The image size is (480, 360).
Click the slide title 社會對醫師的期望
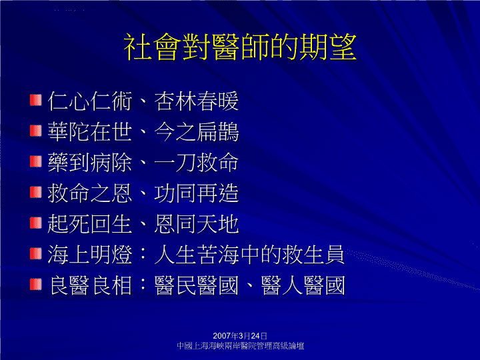tap(240, 47)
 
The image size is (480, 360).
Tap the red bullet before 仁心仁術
tap(36, 100)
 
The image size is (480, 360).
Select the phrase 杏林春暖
tap(196, 101)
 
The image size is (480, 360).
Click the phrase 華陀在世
tap(90, 132)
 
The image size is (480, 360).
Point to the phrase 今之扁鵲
tap(196, 132)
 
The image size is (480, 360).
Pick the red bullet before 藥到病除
tap(36, 161)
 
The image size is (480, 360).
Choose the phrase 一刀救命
tap(196, 163)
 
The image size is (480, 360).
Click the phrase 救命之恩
tap(90, 193)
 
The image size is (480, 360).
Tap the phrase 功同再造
tap(196, 193)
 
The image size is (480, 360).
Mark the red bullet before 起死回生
tap(36, 223)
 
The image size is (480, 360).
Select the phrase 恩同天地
tap(196, 224)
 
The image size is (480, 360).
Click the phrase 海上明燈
tap(90, 255)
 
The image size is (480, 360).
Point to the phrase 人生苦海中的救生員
tap(249, 255)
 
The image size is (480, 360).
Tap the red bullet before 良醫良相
tap(36, 284)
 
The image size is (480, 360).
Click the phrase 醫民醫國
tap(196, 285)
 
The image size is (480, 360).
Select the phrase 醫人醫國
tap(303, 285)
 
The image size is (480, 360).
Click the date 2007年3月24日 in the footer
tap(240, 336)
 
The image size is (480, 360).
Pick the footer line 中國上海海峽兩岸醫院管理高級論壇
tap(240, 346)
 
